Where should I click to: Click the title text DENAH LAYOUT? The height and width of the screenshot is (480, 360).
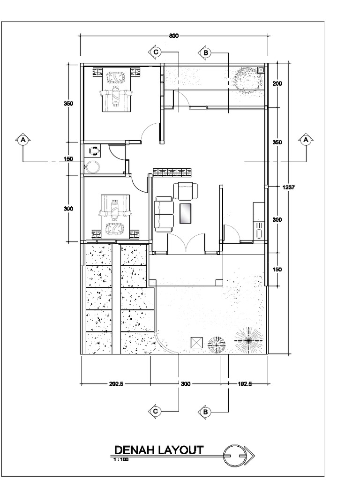pos(158,450)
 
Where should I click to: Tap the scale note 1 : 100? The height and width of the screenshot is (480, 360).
pos(121,460)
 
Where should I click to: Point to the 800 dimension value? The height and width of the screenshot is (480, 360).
pos(174,36)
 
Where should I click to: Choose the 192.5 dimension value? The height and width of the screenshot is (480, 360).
pos(244,384)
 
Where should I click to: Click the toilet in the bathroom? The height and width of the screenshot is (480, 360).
pos(96,150)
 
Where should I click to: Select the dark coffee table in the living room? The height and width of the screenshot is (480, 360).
pos(186,214)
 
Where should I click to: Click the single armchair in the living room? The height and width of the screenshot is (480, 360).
pos(186,191)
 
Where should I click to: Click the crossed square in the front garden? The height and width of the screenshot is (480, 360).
pos(196,343)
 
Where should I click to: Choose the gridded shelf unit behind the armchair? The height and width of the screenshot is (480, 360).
pos(170,172)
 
